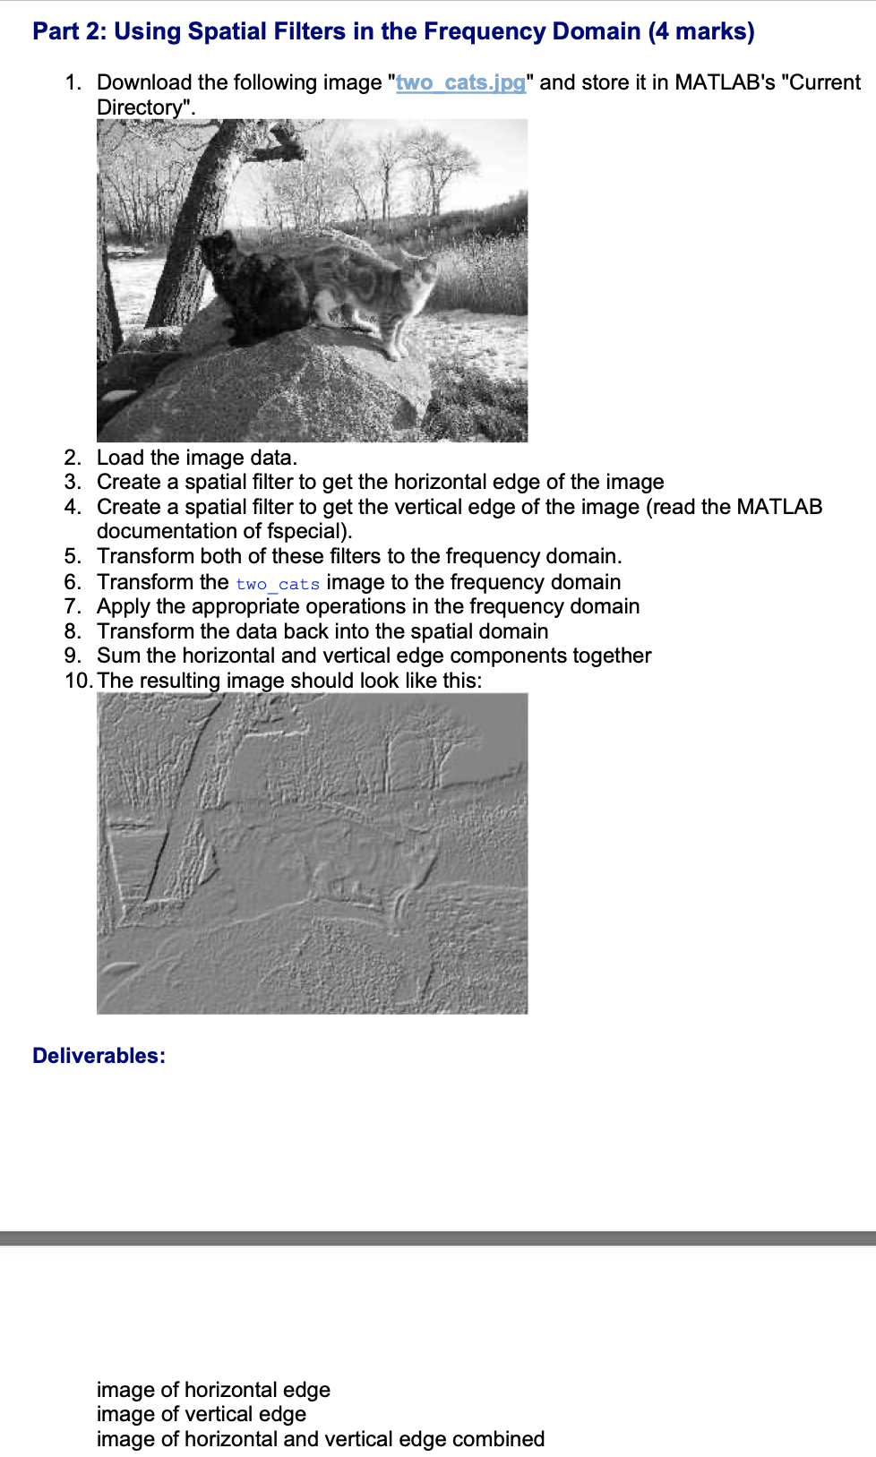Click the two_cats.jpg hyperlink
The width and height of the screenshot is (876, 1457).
(x=460, y=82)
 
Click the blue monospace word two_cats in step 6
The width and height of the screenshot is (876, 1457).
(x=278, y=584)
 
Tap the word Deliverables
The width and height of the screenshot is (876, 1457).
(x=99, y=1056)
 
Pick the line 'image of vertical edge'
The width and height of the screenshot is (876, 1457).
(x=202, y=1414)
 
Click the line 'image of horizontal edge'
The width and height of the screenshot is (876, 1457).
(x=213, y=1390)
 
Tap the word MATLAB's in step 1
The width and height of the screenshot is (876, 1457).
(x=725, y=82)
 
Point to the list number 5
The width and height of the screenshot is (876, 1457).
(x=73, y=556)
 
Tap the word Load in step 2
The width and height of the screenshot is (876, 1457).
(x=120, y=458)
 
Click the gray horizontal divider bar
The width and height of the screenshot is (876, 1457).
(x=438, y=1238)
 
